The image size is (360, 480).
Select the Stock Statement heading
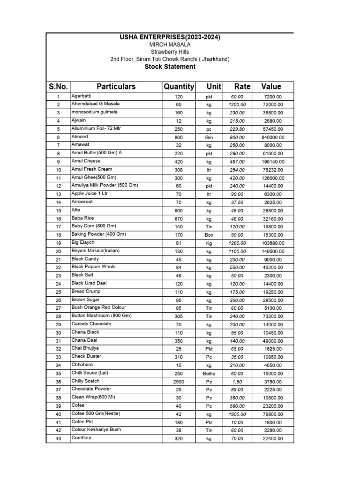coord(170,67)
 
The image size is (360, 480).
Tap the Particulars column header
coord(116,87)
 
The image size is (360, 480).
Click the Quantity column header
coord(179,87)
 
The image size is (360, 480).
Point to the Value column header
coord(271,87)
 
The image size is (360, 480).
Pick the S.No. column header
coord(58,87)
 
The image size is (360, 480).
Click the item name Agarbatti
coord(81,96)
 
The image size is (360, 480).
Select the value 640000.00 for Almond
coord(273,137)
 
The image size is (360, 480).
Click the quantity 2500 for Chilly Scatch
coord(178,381)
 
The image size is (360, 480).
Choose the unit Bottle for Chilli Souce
coord(209,373)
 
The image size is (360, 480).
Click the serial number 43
coord(58,439)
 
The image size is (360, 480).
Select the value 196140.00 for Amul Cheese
coord(273,162)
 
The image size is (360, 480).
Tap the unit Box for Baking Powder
coord(209,235)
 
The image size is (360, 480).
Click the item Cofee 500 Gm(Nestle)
coord(94,413)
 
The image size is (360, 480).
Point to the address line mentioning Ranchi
coord(170,59)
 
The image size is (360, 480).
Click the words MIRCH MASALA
coord(170,45)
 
